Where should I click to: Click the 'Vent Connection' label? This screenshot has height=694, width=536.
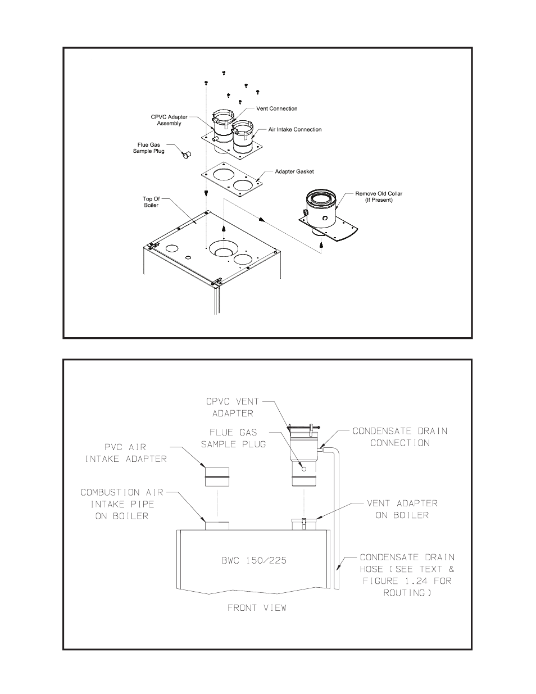coord(277,108)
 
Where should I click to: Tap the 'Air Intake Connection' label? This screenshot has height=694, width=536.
coord(294,129)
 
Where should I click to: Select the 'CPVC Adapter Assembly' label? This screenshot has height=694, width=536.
coord(169,120)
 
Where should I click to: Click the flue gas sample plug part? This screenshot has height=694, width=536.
coord(187,155)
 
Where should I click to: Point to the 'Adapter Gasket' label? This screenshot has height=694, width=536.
coord(294,171)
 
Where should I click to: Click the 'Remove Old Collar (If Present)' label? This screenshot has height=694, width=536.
coord(379,197)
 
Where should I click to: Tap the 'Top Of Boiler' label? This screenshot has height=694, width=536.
coord(151,202)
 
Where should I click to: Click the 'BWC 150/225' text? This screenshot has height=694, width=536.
coord(254,560)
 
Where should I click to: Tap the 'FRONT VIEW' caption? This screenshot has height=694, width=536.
coord(257,607)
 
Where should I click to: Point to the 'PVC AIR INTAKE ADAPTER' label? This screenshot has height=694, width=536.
coord(126,453)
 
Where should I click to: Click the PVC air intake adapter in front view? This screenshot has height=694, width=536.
coord(217,477)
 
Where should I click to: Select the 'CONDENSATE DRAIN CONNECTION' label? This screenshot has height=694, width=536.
coord(399,437)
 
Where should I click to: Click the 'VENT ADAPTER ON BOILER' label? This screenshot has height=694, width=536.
coord(402,509)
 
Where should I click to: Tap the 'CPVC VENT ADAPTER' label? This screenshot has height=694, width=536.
coord(233,407)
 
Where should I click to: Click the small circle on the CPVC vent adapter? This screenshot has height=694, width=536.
coord(304,469)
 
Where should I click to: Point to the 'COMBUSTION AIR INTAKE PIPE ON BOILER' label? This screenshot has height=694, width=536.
coord(122,504)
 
